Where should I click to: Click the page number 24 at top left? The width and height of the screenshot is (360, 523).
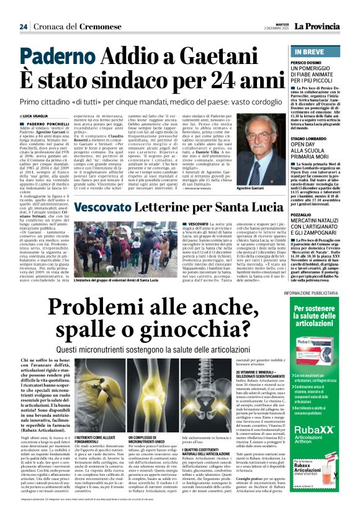tap(23, 27)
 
